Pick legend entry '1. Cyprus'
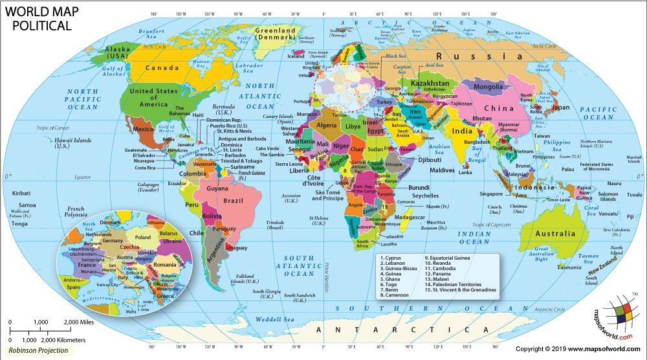click(392, 258)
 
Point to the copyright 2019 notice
click(578, 349)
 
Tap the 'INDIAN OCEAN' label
click(474, 237)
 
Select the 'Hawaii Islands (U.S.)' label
click(71, 143)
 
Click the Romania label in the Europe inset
click(165, 265)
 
